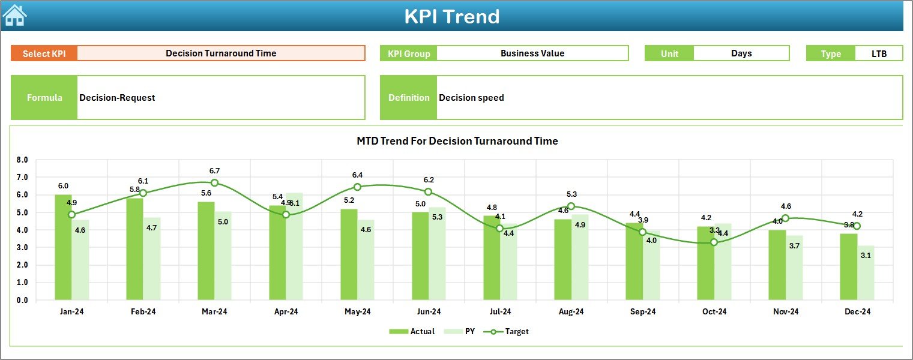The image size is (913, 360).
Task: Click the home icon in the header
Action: pyautogui.click(x=14, y=15)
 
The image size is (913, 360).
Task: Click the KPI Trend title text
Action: pyautogui.click(x=451, y=16)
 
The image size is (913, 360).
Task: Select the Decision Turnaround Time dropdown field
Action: pyautogui.click(x=221, y=53)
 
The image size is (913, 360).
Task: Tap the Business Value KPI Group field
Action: pyautogui.click(x=532, y=53)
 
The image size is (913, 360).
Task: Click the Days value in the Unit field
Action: pyautogui.click(x=741, y=53)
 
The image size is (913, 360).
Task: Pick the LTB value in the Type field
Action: pyautogui.click(x=879, y=53)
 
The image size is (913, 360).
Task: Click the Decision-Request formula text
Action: pyautogui.click(x=117, y=98)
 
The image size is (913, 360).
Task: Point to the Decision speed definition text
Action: pyautogui.click(x=471, y=98)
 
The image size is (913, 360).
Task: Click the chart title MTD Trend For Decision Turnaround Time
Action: pyautogui.click(x=457, y=141)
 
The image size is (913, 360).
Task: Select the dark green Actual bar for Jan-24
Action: pyautogui.click(x=63, y=247)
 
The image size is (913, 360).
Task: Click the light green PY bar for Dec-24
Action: pyautogui.click(x=866, y=273)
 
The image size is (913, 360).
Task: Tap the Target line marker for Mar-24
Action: pyautogui.click(x=214, y=182)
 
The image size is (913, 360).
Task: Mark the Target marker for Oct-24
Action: pyautogui.click(x=714, y=242)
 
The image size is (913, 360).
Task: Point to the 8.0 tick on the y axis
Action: pyautogui.click(x=22, y=160)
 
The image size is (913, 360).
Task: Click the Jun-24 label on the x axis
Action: pyautogui.click(x=429, y=311)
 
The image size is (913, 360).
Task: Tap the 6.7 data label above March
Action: pyautogui.click(x=214, y=171)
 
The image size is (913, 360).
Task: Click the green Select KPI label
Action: pyautogui.click(x=44, y=53)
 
